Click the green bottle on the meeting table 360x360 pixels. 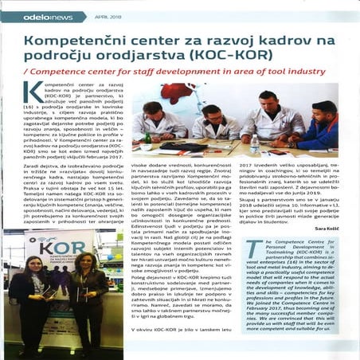(148, 140)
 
